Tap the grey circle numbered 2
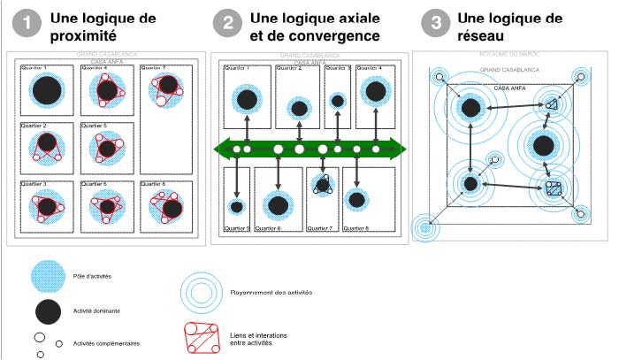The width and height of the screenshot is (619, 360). click(228, 24)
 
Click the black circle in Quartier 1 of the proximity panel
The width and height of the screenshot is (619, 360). click(46, 90)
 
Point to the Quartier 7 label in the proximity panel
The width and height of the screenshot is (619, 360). click(154, 67)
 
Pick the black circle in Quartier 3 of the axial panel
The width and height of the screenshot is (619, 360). click(337, 102)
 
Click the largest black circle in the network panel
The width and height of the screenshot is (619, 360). click(543, 144)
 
